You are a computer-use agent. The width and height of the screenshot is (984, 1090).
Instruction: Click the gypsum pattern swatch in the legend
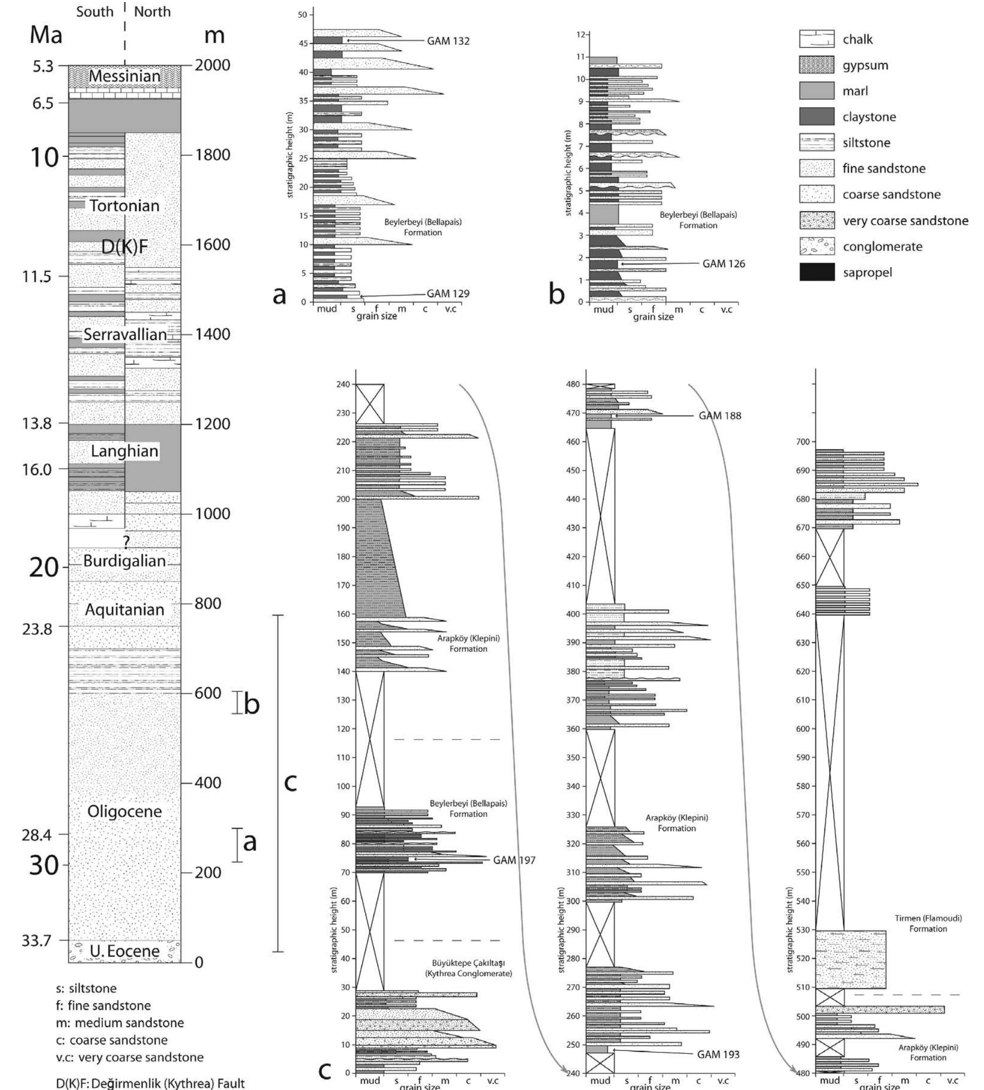coord(816,65)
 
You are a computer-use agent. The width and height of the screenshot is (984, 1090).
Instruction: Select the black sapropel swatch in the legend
coord(816,272)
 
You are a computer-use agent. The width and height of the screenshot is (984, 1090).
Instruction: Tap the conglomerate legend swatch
coord(816,247)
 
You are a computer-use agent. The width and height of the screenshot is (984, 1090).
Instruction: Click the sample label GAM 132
coord(448,41)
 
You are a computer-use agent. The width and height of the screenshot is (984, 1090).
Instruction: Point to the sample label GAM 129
coord(448,293)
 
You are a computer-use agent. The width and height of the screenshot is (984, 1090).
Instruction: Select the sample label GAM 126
coord(723,264)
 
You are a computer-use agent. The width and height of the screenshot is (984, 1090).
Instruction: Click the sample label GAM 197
coord(514,860)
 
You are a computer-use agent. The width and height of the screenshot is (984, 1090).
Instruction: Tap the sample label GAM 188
coord(720,416)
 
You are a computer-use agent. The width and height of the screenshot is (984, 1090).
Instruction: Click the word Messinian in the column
coord(125,76)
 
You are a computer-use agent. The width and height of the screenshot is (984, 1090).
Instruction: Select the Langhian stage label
coord(125,451)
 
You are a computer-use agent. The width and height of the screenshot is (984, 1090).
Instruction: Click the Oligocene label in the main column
coord(125,811)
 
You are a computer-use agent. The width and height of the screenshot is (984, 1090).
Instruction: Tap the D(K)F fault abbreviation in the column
coord(125,247)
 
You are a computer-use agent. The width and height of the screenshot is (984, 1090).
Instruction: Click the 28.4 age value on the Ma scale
coord(37,835)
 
